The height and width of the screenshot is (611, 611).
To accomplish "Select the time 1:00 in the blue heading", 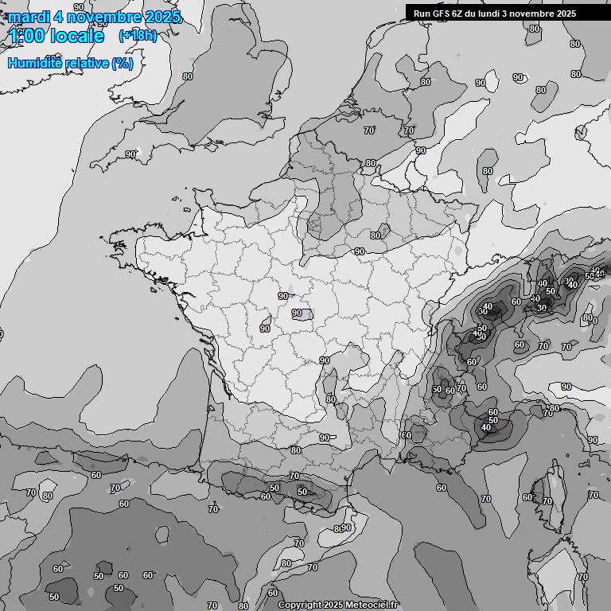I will (x=25, y=36).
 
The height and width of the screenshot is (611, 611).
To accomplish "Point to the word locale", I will (x=76, y=36).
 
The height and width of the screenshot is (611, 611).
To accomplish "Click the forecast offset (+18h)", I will (x=138, y=36).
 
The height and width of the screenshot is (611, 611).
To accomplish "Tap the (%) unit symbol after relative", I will (x=123, y=63).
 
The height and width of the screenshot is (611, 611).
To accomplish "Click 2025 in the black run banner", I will (x=566, y=14).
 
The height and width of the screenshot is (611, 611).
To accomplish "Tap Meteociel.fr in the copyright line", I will (x=373, y=605).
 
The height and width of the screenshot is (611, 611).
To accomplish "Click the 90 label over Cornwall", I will (x=130, y=154).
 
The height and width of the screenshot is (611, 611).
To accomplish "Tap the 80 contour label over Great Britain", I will (x=188, y=76).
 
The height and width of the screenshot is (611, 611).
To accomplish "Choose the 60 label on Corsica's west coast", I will (x=527, y=497).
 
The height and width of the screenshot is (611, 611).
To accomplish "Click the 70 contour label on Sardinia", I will (x=583, y=577).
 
